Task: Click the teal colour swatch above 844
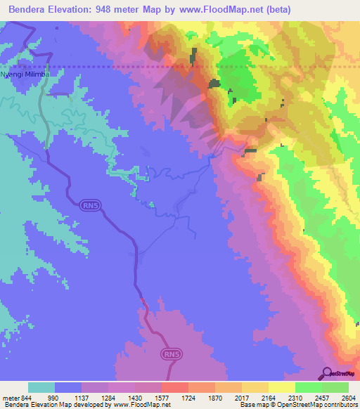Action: [x=41, y=387]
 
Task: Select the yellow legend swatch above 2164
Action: [x=281, y=387]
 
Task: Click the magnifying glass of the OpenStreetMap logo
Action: [x=327, y=372]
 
